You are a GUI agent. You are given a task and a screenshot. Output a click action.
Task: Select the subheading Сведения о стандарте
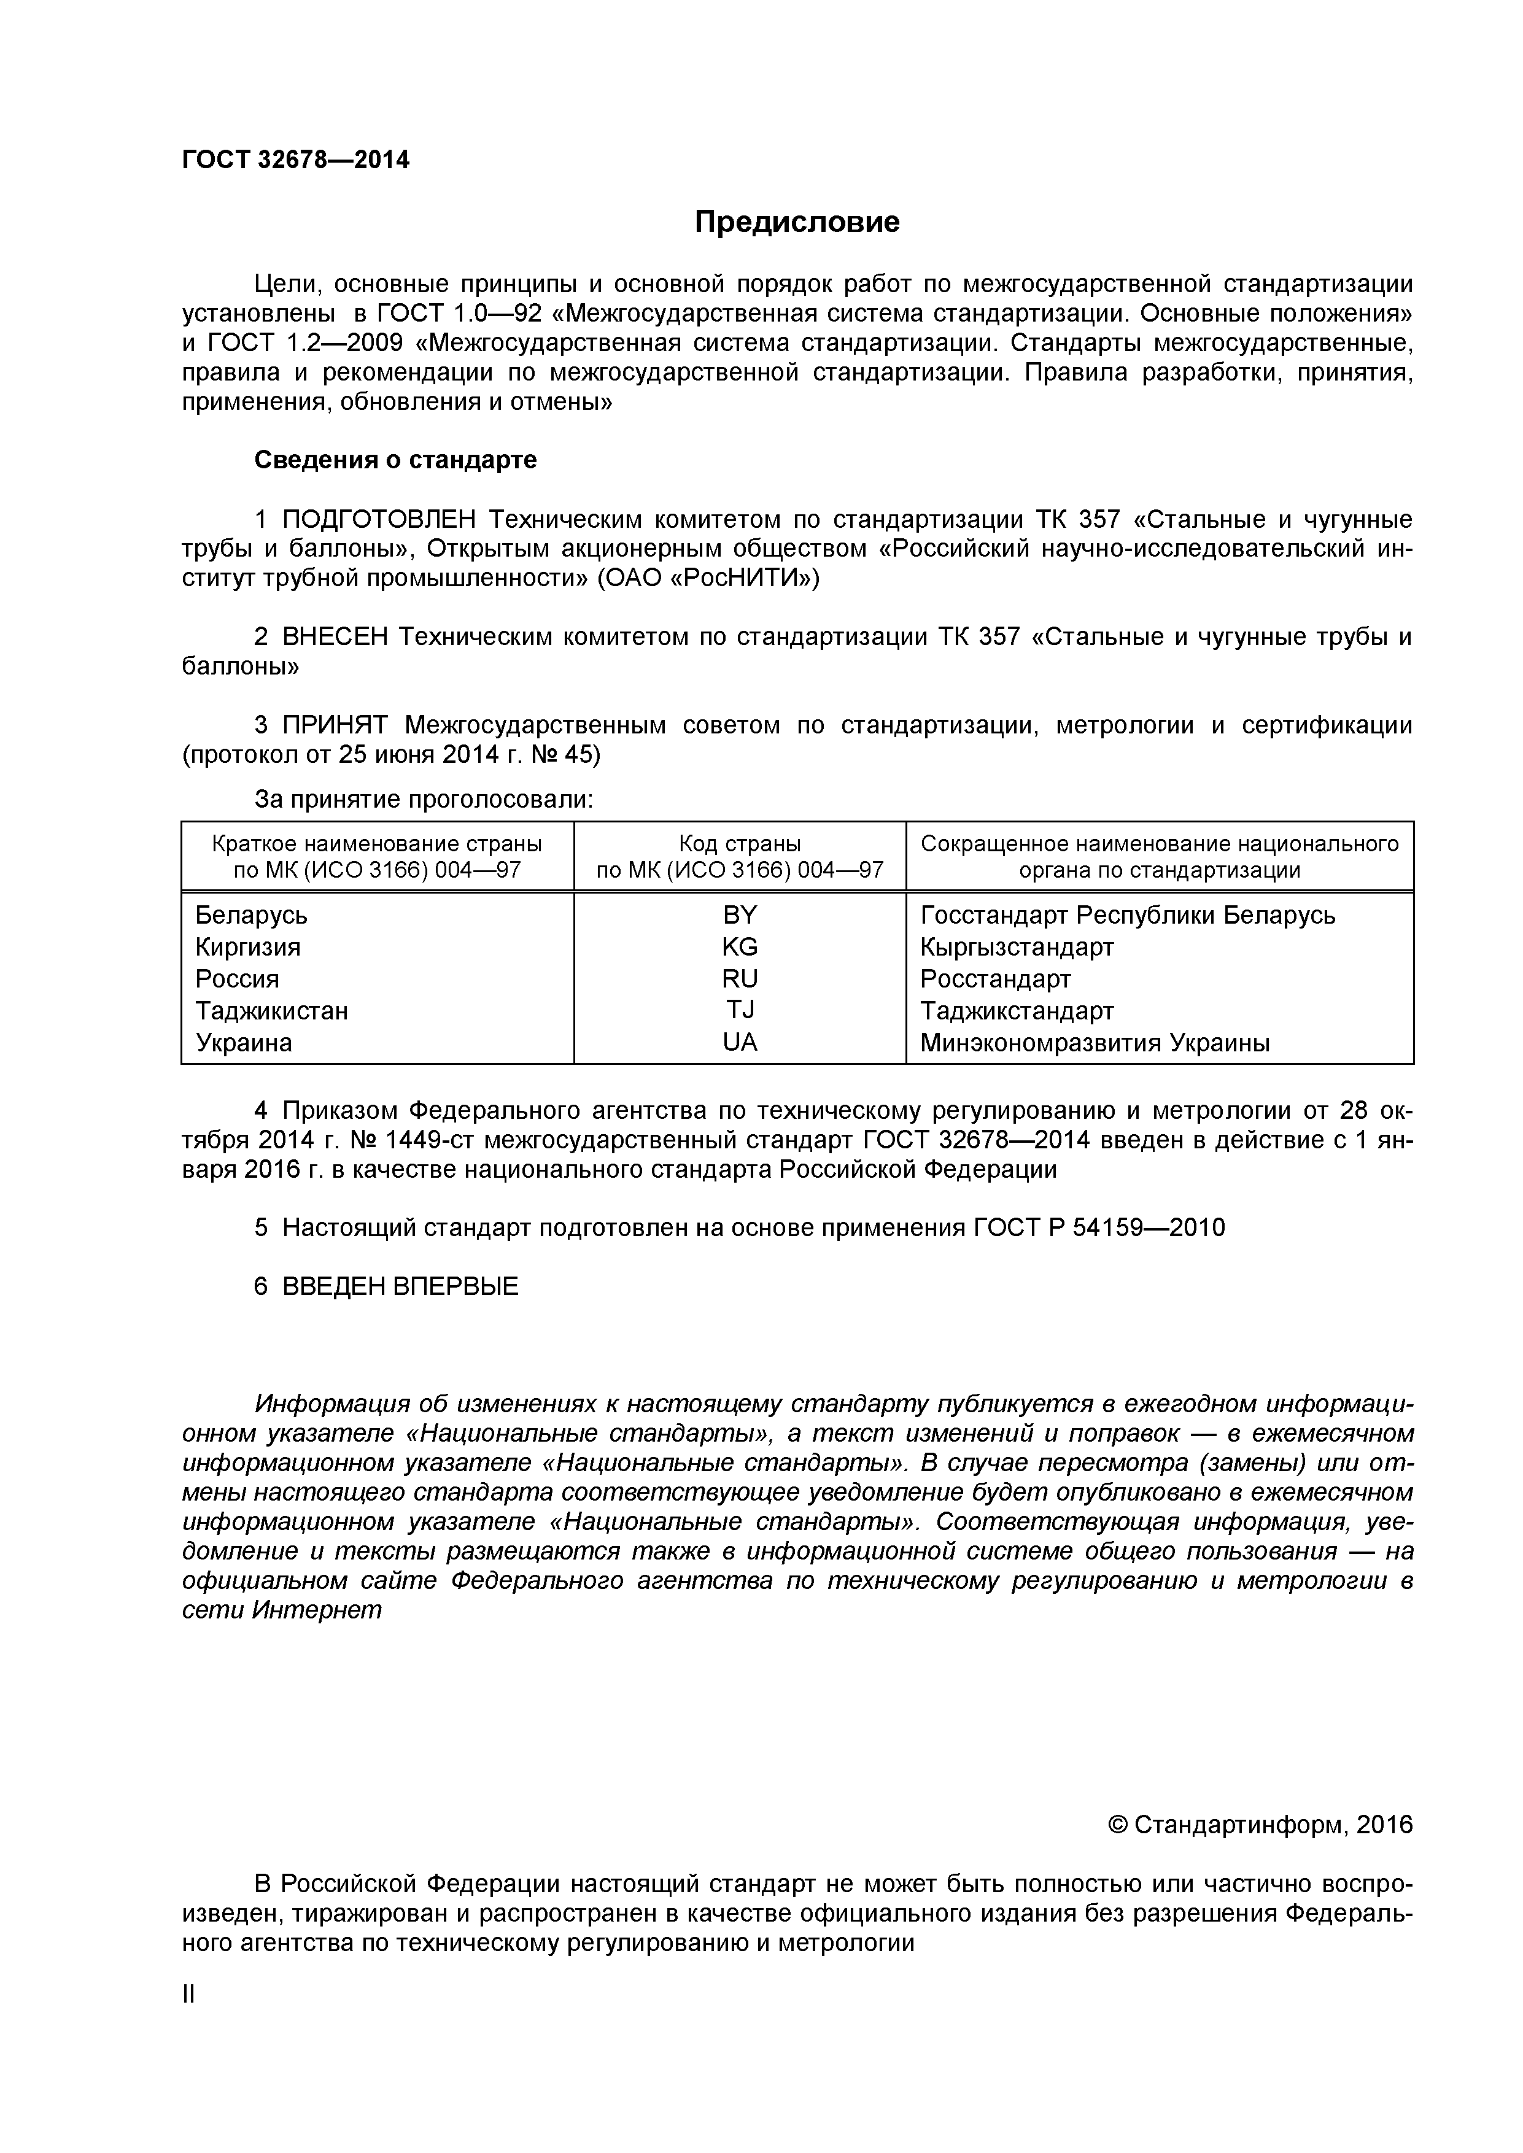(396, 460)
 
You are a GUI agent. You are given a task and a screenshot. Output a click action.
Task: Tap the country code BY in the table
(739, 914)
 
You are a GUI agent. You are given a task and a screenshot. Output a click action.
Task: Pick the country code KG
(739, 946)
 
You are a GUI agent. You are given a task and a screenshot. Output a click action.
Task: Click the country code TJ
(739, 1010)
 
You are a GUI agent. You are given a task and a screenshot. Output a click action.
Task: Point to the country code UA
(739, 1042)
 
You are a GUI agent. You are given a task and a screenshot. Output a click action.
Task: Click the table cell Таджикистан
(271, 1010)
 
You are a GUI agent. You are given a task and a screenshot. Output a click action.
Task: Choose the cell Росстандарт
(995, 978)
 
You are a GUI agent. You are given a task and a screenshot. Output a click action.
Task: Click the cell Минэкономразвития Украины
(1095, 1042)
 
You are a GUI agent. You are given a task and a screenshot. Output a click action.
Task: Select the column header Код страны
(739, 843)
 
